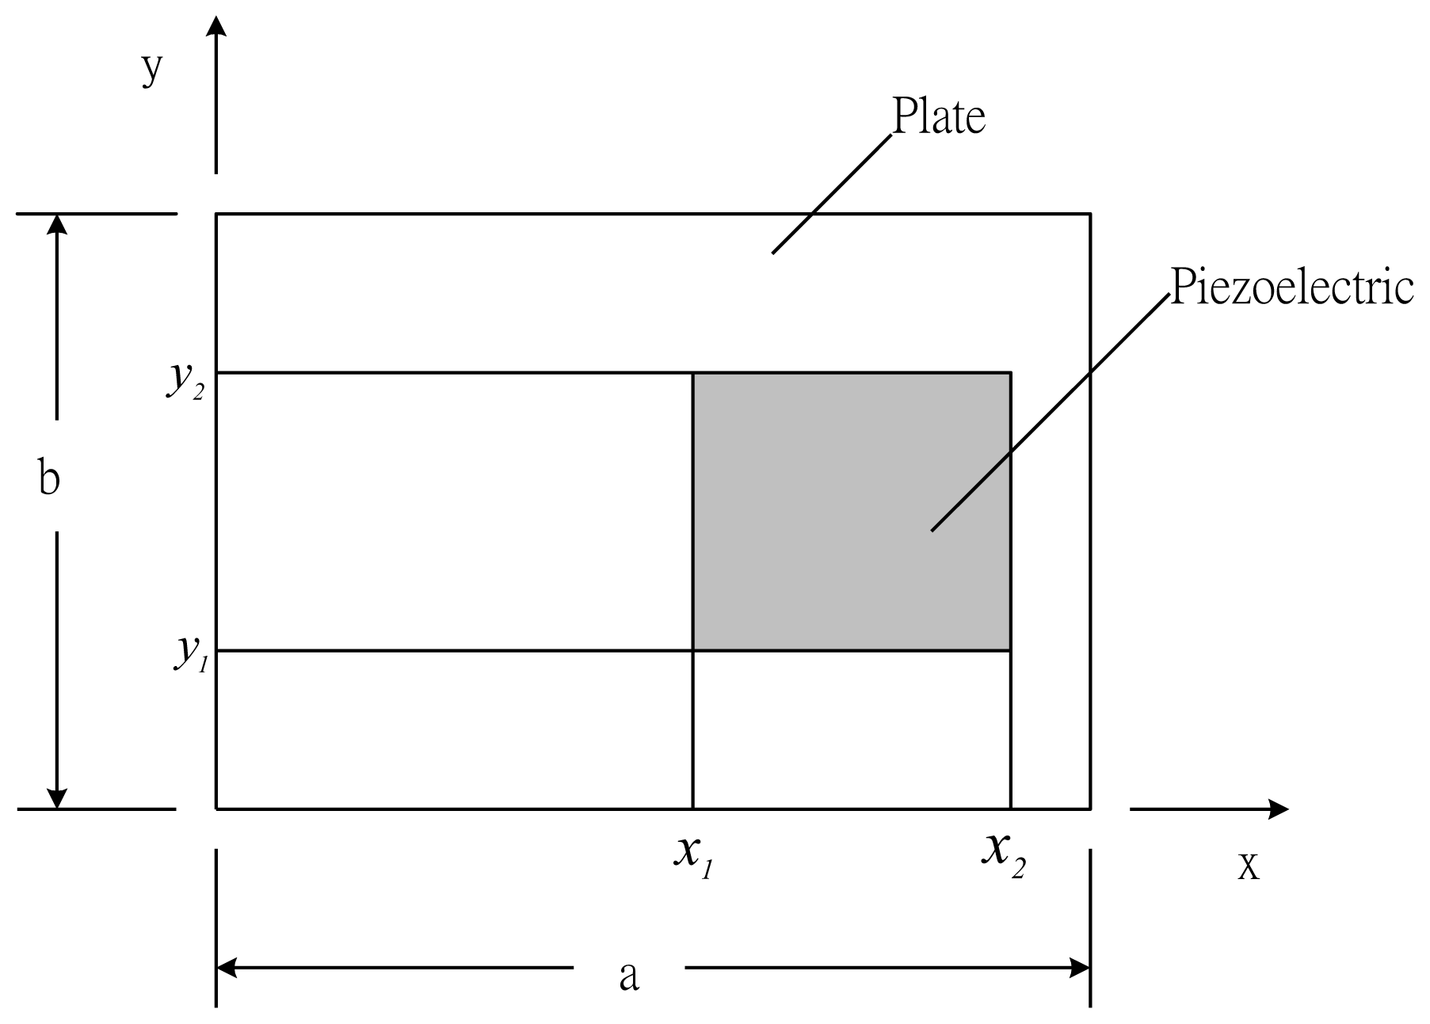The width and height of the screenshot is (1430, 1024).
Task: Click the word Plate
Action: [939, 117]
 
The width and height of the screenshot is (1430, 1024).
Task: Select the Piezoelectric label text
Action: [1291, 287]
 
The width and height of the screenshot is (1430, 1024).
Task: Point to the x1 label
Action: [696, 858]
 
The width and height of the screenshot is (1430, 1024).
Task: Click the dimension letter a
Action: [628, 976]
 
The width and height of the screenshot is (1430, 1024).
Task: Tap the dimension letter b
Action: [49, 479]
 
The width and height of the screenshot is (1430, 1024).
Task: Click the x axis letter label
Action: [1248, 866]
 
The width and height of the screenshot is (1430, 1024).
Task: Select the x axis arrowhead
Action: [1277, 809]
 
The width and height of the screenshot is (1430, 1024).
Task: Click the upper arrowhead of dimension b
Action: [56, 225]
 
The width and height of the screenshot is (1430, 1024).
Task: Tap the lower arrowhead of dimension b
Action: [56, 798]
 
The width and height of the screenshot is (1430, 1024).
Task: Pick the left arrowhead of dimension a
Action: [228, 967]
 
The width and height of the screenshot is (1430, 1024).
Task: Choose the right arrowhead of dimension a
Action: [1079, 967]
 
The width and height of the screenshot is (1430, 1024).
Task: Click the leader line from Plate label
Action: [832, 194]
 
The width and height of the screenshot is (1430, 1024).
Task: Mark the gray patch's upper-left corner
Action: [693, 372]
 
